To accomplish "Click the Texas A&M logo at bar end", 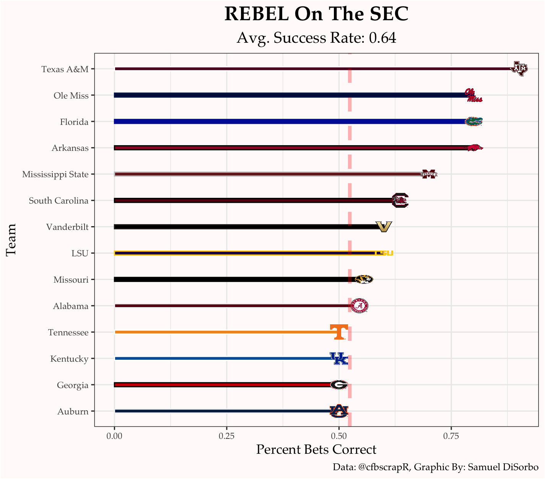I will click(519, 69).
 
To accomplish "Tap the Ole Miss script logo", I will click(473, 95).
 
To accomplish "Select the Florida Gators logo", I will click(473, 121).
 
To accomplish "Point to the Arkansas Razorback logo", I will click(475, 148).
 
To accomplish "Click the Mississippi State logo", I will click(429, 174).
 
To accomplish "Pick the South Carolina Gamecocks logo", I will click(400, 200).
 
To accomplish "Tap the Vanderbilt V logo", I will click(384, 227).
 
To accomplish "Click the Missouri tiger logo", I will click(364, 279).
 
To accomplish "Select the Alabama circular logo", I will click(360, 306).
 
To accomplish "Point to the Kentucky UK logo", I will click(339, 358).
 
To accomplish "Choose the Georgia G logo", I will click(339, 385).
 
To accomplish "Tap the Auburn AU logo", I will click(339, 411).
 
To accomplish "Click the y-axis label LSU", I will click(80, 253).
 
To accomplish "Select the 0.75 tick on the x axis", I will click(451, 436).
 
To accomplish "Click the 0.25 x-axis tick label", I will click(226, 436).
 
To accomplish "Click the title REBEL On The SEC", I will click(316, 15).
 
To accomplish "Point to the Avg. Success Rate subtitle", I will click(316, 38).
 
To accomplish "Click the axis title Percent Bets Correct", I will click(316, 450).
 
